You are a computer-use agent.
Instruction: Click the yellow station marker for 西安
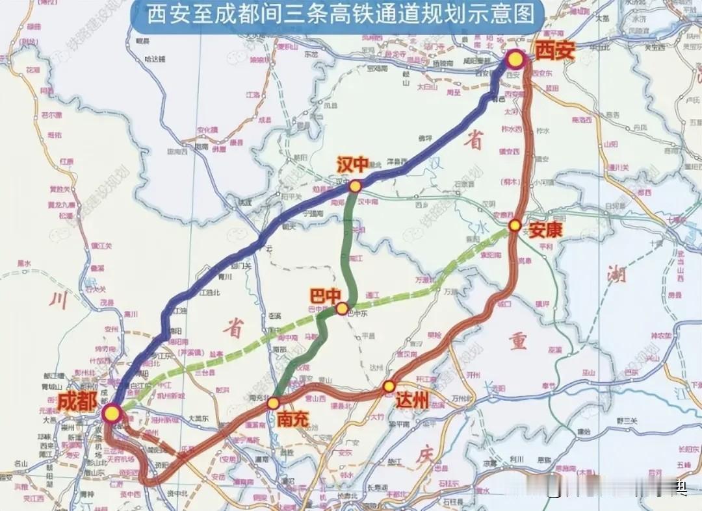(515, 60)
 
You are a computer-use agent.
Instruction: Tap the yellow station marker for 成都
(112, 412)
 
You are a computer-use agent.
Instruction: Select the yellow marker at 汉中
(355, 186)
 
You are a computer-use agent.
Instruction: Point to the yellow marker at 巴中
(342, 308)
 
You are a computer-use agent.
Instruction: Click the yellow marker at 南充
(274, 403)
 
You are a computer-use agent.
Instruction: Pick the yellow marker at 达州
(389, 386)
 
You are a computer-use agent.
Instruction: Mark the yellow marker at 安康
(514, 225)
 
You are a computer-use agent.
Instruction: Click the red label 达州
(412, 401)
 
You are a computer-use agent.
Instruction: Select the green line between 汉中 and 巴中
(349, 247)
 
